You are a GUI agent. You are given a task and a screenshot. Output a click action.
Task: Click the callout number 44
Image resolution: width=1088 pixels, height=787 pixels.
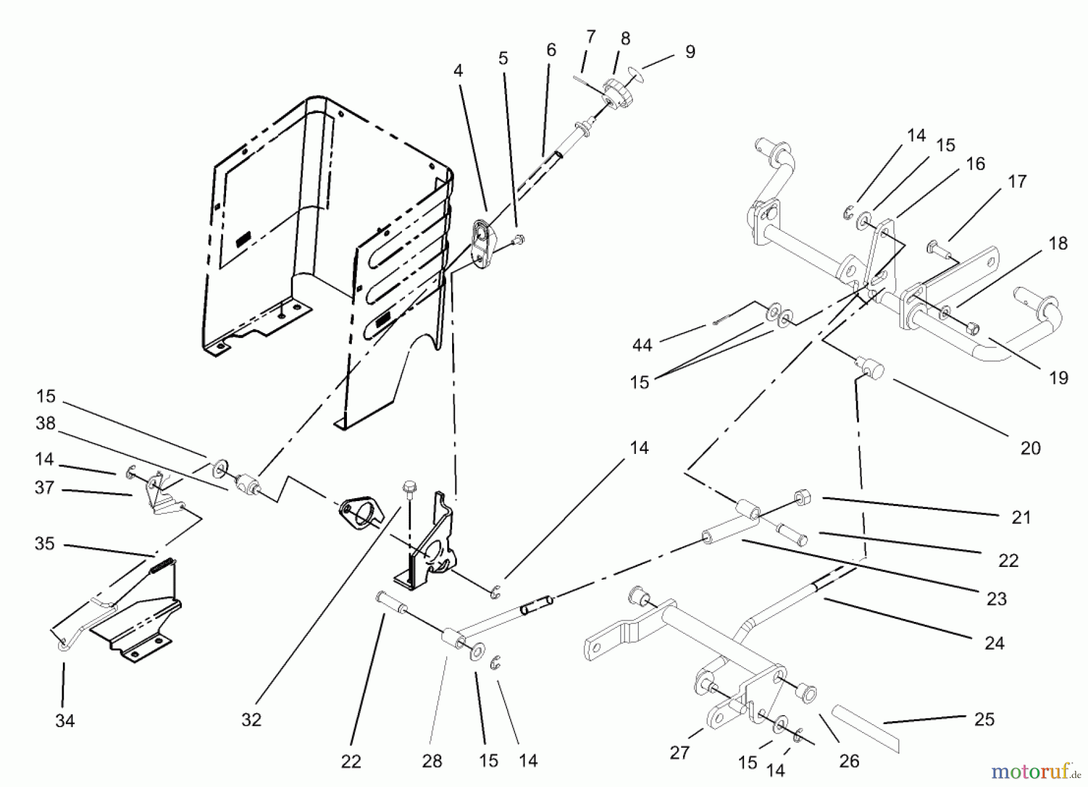(642, 345)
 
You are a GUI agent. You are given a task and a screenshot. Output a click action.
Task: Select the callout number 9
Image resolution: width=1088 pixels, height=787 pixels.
(690, 52)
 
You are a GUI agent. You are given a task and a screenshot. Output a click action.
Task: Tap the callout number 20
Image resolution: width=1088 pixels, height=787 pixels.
(1031, 448)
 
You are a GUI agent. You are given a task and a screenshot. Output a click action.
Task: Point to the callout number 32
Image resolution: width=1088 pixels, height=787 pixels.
(251, 719)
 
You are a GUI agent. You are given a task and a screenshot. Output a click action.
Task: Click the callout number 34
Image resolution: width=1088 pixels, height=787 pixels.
(65, 721)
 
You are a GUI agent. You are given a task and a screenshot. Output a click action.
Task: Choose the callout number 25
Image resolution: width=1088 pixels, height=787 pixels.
(985, 719)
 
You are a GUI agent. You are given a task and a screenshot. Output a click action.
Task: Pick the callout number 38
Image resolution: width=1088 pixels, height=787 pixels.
(45, 423)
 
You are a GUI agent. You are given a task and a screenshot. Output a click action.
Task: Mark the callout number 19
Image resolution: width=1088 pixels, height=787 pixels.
(1058, 378)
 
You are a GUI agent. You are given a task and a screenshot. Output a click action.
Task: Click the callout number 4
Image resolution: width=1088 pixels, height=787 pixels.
(458, 71)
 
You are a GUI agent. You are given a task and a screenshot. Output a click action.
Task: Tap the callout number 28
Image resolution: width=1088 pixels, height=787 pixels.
(432, 761)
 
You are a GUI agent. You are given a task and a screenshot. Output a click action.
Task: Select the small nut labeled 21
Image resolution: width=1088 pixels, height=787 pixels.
(803, 498)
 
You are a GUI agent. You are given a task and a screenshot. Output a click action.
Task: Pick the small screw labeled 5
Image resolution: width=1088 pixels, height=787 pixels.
(518, 241)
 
